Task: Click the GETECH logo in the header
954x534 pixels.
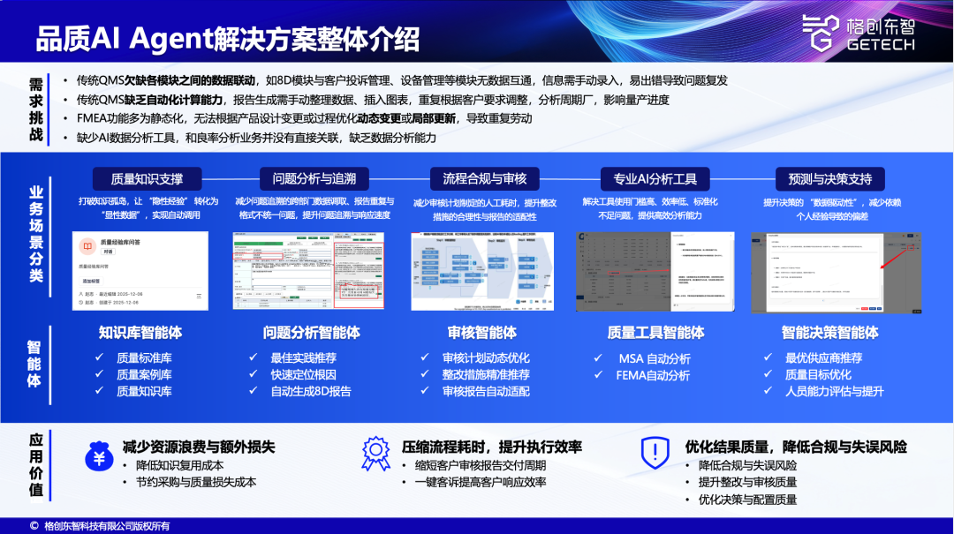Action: coord(858,34)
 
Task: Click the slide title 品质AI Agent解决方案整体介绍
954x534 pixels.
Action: coord(227,40)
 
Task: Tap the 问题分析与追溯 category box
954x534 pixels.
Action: coord(314,179)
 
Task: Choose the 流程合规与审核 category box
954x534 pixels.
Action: coord(484,179)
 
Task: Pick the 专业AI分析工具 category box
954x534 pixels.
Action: coord(655,179)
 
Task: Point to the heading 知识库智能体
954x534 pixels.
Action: coord(141,333)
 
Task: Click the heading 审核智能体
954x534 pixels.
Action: coord(482,333)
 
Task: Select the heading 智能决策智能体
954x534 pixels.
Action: coord(829,333)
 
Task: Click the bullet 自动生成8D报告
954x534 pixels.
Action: coord(310,391)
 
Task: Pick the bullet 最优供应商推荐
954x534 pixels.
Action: coord(823,358)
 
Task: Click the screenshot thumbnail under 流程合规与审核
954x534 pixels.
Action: coord(482,272)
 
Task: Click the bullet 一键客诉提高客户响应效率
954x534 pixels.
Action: coord(481,482)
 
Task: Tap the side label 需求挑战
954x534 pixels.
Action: coord(36,109)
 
